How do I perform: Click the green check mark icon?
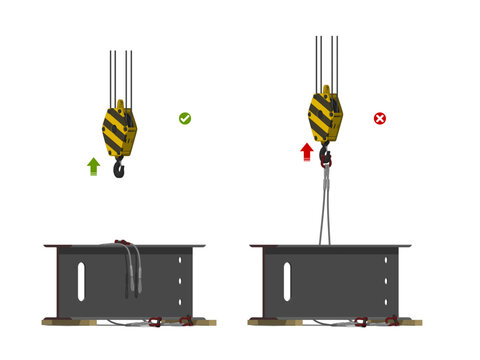(185, 118)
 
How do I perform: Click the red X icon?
(380, 118)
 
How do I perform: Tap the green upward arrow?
(93, 166)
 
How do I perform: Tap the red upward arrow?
(307, 151)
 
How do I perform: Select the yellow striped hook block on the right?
(325, 116)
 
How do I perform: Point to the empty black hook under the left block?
(120, 168)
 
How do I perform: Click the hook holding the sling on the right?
(325, 156)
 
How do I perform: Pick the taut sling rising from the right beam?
(325, 205)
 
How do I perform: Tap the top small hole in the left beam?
(180, 261)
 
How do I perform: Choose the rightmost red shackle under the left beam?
(186, 321)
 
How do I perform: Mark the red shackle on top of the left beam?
(122, 242)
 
